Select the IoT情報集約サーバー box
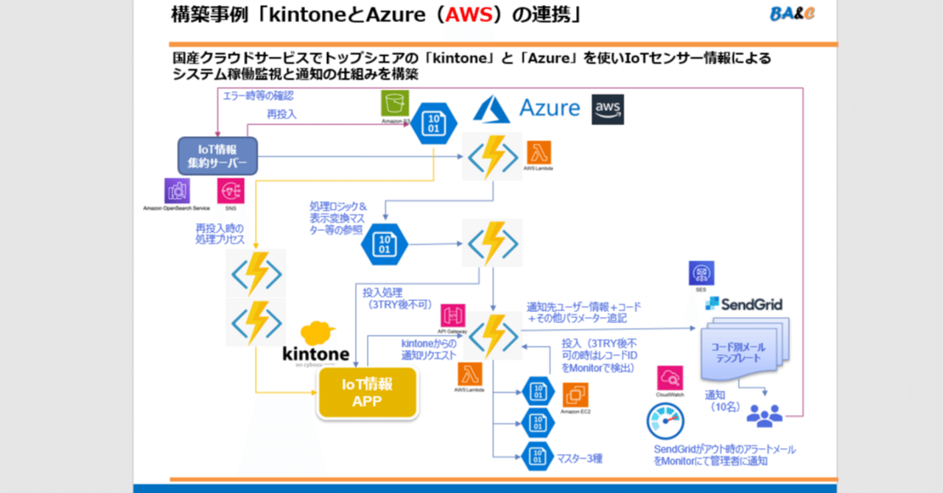coord(217,156)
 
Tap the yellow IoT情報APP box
coord(367,393)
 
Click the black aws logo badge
coord(608,109)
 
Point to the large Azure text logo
coord(550,108)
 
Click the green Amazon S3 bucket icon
coord(395,103)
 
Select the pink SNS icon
coord(231,191)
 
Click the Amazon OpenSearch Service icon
coord(178,191)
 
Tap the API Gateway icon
coord(453,316)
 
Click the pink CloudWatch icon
coord(670,378)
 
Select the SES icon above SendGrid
coord(701,274)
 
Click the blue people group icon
coord(764,416)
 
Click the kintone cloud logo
coord(317,343)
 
